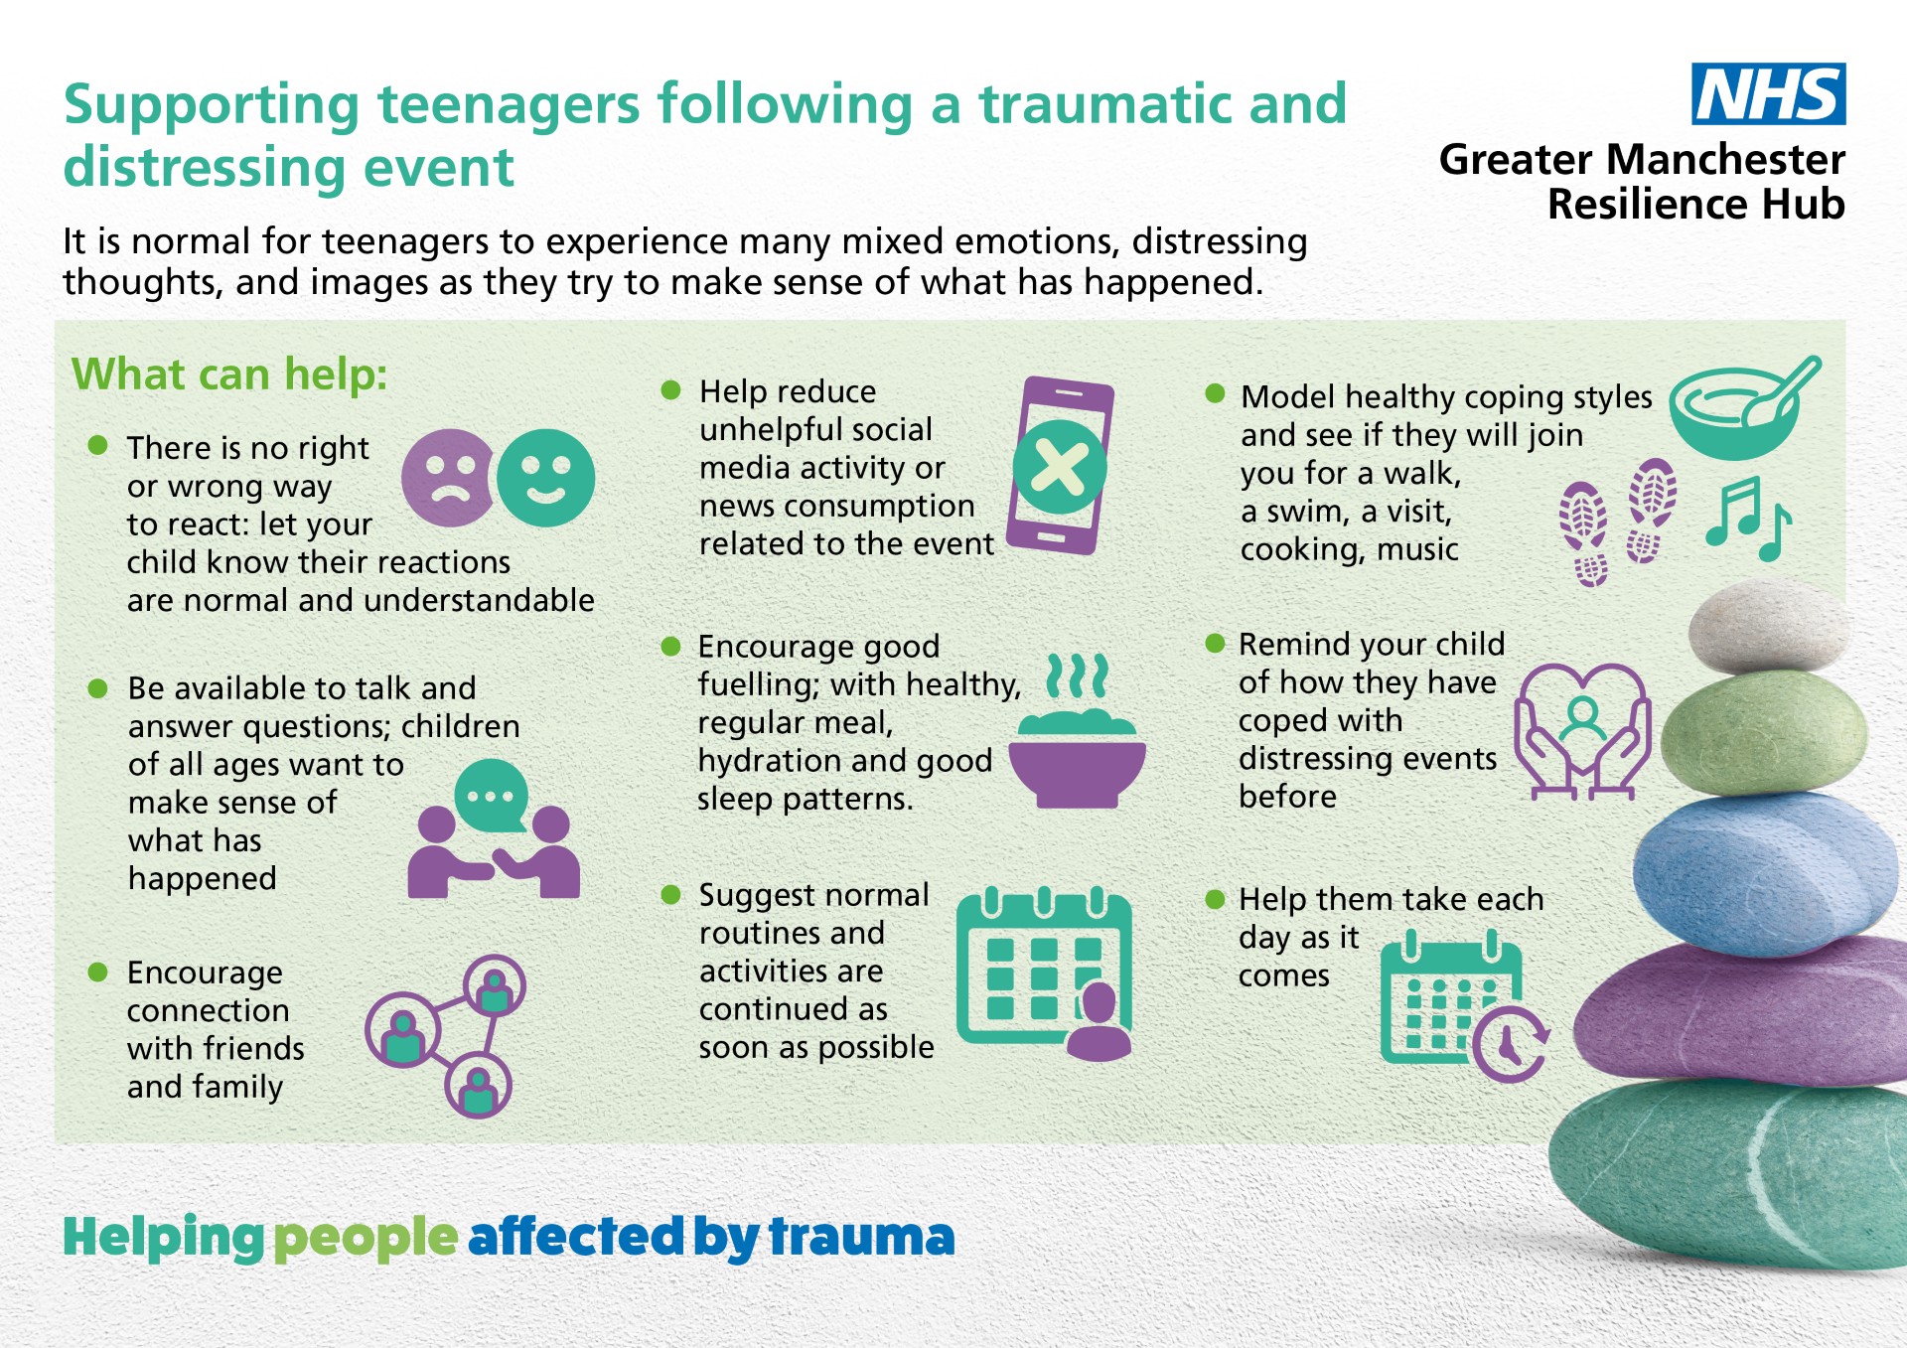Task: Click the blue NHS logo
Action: (x=1768, y=93)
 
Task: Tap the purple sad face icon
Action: (x=449, y=478)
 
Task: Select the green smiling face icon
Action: (x=545, y=478)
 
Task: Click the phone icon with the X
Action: (x=1060, y=466)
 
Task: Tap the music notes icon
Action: (x=1749, y=518)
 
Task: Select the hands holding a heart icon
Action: (x=1582, y=731)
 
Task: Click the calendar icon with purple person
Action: (x=1044, y=974)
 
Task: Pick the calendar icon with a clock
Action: (x=1464, y=1005)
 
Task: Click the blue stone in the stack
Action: (x=1763, y=874)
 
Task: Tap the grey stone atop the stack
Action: (x=1768, y=627)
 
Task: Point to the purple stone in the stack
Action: (x=1738, y=1013)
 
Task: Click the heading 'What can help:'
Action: (x=229, y=375)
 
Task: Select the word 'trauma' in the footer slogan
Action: (x=862, y=1237)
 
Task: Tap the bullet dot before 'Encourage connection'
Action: (x=97, y=972)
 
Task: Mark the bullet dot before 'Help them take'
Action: (x=1215, y=899)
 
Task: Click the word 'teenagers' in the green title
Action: (x=509, y=104)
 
